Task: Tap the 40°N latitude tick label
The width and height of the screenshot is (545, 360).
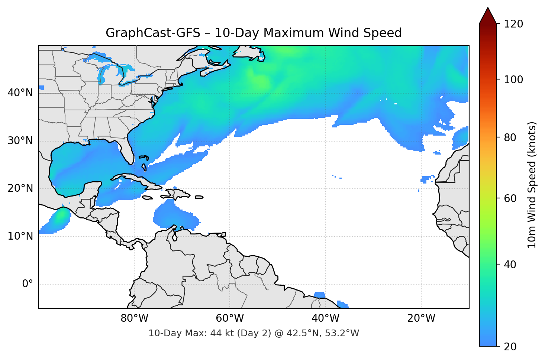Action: coord(20,93)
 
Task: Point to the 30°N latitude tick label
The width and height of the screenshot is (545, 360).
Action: coord(20,141)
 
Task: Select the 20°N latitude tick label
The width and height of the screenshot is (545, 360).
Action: coord(20,188)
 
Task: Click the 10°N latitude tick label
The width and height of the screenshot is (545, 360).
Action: coord(20,236)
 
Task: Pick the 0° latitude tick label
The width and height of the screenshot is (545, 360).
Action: coord(28,284)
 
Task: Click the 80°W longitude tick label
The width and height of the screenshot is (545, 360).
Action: coord(134,318)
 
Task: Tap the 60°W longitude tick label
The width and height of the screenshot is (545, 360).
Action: coord(230,318)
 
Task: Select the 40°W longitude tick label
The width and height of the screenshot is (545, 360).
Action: coord(325,318)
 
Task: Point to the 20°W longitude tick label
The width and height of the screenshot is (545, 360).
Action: coord(421,318)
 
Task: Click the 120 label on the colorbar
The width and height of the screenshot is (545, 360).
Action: coord(513,24)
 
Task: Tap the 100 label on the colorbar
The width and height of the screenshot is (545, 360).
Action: coord(513,80)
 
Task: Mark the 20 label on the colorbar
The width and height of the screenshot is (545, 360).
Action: coord(510,347)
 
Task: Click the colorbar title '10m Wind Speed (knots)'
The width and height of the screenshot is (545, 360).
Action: coord(532,185)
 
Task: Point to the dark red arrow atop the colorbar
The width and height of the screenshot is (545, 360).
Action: coord(488,16)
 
